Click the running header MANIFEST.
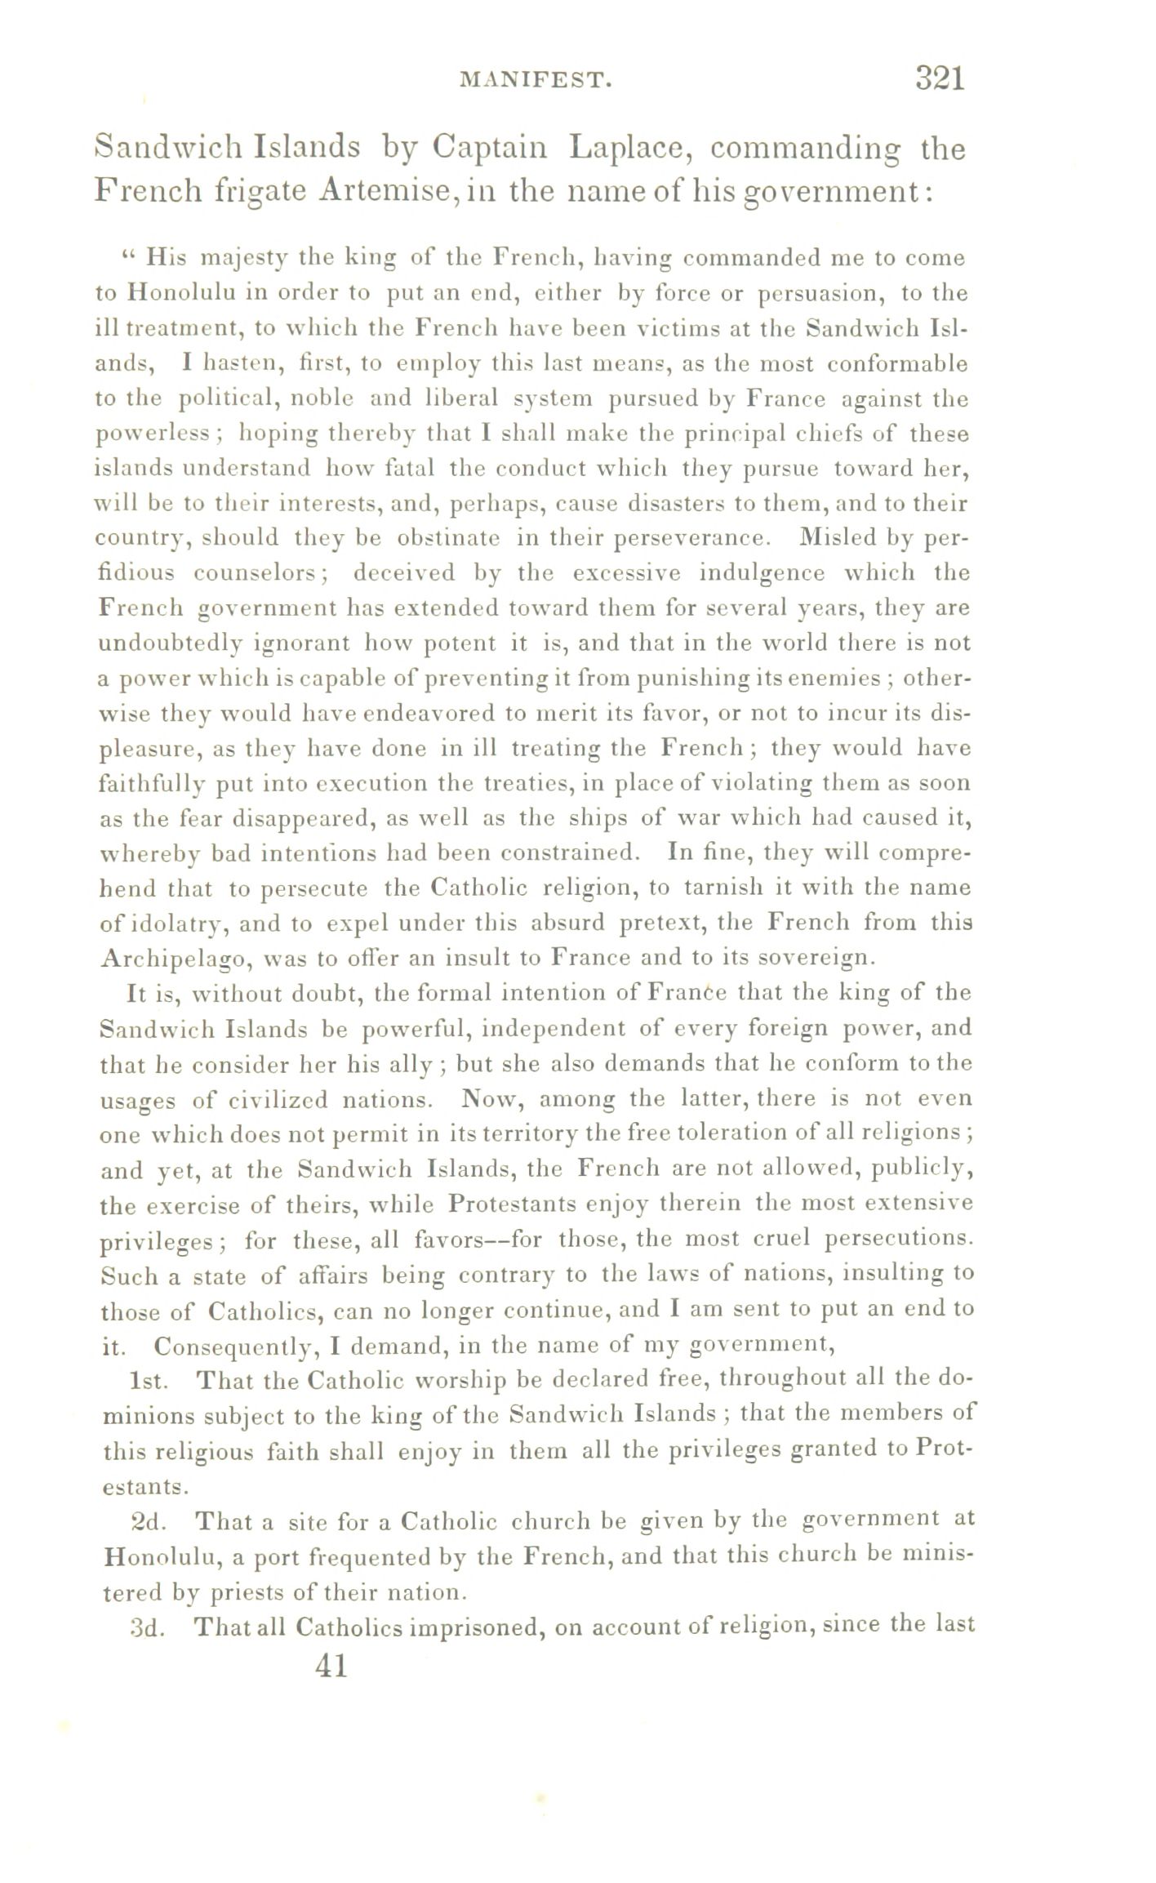pos(536,80)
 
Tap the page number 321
pos(940,78)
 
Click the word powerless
pos(153,434)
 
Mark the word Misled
pos(843,537)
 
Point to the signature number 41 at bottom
pos(331,1665)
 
